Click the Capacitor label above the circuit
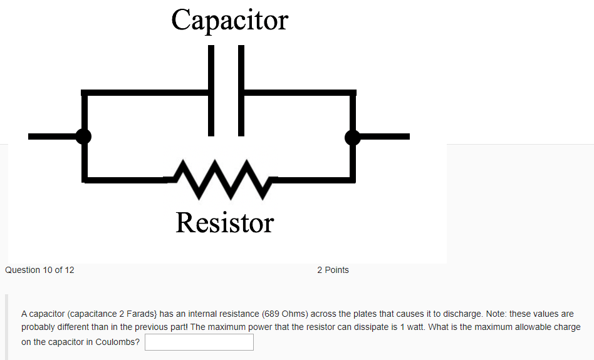(x=229, y=20)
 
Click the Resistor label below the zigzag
(x=224, y=223)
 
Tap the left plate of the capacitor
(x=211, y=90)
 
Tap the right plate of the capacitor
(x=241, y=90)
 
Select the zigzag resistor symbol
(x=219, y=179)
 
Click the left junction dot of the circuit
(x=83, y=136)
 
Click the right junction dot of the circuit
(x=353, y=136)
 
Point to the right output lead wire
(x=385, y=136)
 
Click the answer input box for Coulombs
(x=199, y=342)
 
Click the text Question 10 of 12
(x=39, y=270)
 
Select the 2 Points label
(x=333, y=270)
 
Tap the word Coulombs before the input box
(x=118, y=342)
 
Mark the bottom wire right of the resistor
(x=313, y=180)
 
